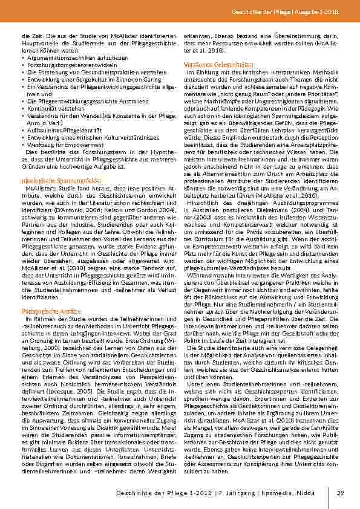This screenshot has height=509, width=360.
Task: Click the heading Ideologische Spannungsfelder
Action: coord(52,181)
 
